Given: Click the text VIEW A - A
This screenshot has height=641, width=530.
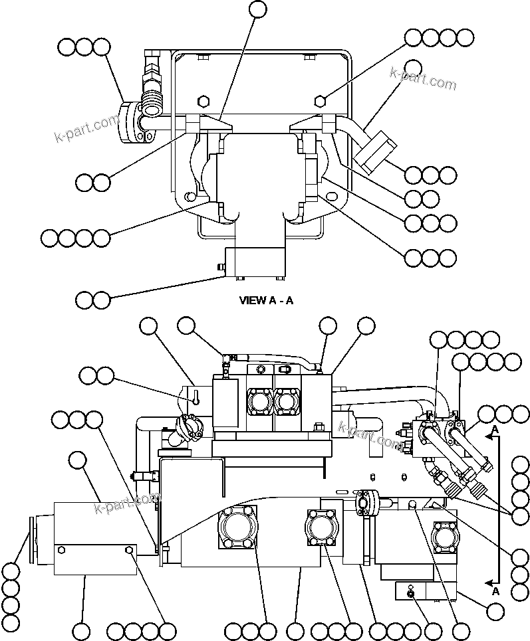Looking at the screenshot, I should pyautogui.click(x=266, y=300).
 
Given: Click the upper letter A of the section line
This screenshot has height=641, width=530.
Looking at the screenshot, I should pyautogui.click(x=495, y=430).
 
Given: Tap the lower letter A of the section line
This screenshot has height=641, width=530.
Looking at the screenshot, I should pyautogui.click(x=495, y=590).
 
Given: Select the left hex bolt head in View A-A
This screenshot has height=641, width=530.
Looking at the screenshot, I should pyautogui.click(x=204, y=101).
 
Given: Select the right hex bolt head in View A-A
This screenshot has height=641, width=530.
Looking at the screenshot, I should pyautogui.click(x=320, y=101).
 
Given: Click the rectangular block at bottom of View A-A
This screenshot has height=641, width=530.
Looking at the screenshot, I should pyautogui.click(x=255, y=262).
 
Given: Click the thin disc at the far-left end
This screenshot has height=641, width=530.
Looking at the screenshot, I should pyautogui.click(x=30, y=542).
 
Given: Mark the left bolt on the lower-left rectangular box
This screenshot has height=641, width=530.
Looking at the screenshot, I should pyautogui.click(x=61, y=550).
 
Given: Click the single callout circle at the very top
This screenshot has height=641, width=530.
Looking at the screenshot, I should pyautogui.click(x=257, y=9).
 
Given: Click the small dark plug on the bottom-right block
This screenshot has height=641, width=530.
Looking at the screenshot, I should pyautogui.click(x=411, y=594).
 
